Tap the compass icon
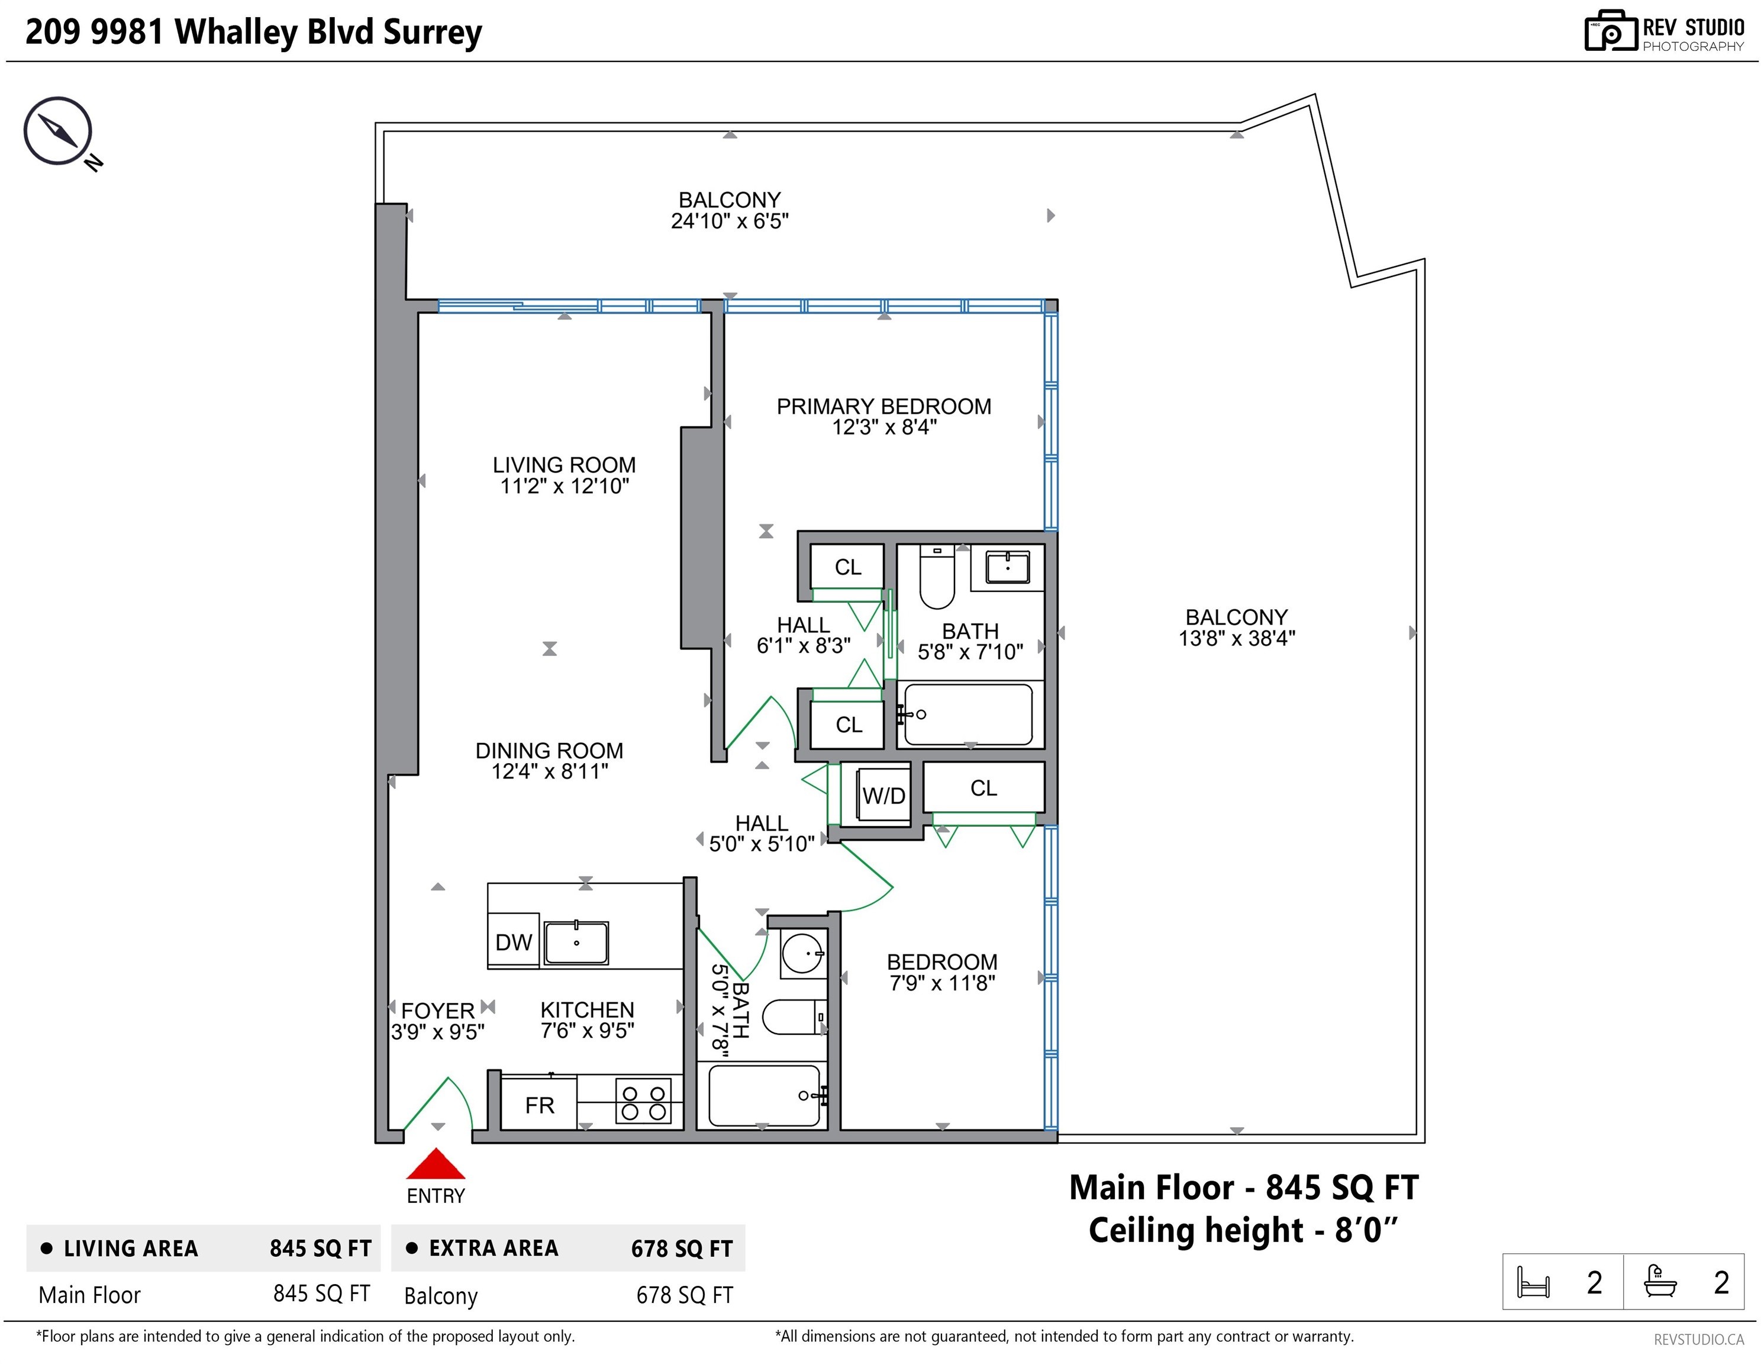pyautogui.click(x=58, y=131)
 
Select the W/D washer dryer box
pyautogui.click(x=883, y=795)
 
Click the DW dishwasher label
pyautogui.click(x=514, y=942)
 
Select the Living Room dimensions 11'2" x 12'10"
pyautogui.click(x=565, y=485)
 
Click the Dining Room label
pyautogui.click(x=549, y=750)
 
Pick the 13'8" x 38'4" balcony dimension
pyautogui.click(x=1237, y=638)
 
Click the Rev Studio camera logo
pyautogui.click(x=1611, y=31)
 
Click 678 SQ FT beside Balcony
pyautogui.click(x=685, y=1295)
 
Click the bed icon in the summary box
pyautogui.click(x=1533, y=1282)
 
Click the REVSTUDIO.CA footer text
pyautogui.click(x=1699, y=1340)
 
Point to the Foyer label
pyautogui.click(x=438, y=1011)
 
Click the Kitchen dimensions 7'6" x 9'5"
pyautogui.click(x=587, y=1030)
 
